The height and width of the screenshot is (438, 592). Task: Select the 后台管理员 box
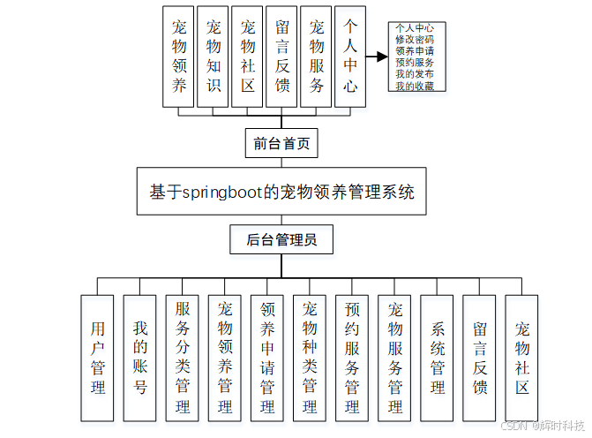tap(281, 238)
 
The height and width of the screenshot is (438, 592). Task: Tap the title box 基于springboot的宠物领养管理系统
tap(281, 192)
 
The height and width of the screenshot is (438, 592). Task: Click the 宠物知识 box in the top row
tap(213, 56)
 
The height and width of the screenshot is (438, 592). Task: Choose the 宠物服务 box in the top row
tap(316, 56)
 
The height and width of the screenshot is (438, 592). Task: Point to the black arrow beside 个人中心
tap(377, 57)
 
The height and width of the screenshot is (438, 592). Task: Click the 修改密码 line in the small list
tap(414, 40)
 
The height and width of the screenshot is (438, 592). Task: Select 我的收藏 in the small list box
tap(414, 86)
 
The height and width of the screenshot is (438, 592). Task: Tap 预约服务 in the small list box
tap(414, 63)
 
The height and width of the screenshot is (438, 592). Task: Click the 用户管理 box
tap(98, 358)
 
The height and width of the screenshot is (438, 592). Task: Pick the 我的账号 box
tap(140, 358)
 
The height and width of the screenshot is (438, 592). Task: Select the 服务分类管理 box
tap(183, 358)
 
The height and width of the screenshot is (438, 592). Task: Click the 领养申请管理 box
tap(267, 358)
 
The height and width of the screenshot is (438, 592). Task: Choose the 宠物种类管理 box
tap(310, 358)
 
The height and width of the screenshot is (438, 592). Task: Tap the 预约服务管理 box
tap(352, 358)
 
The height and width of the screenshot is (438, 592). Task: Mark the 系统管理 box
tap(438, 358)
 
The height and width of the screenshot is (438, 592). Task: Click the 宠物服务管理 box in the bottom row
tap(394, 358)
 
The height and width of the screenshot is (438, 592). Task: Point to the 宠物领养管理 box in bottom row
tap(225, 358)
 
